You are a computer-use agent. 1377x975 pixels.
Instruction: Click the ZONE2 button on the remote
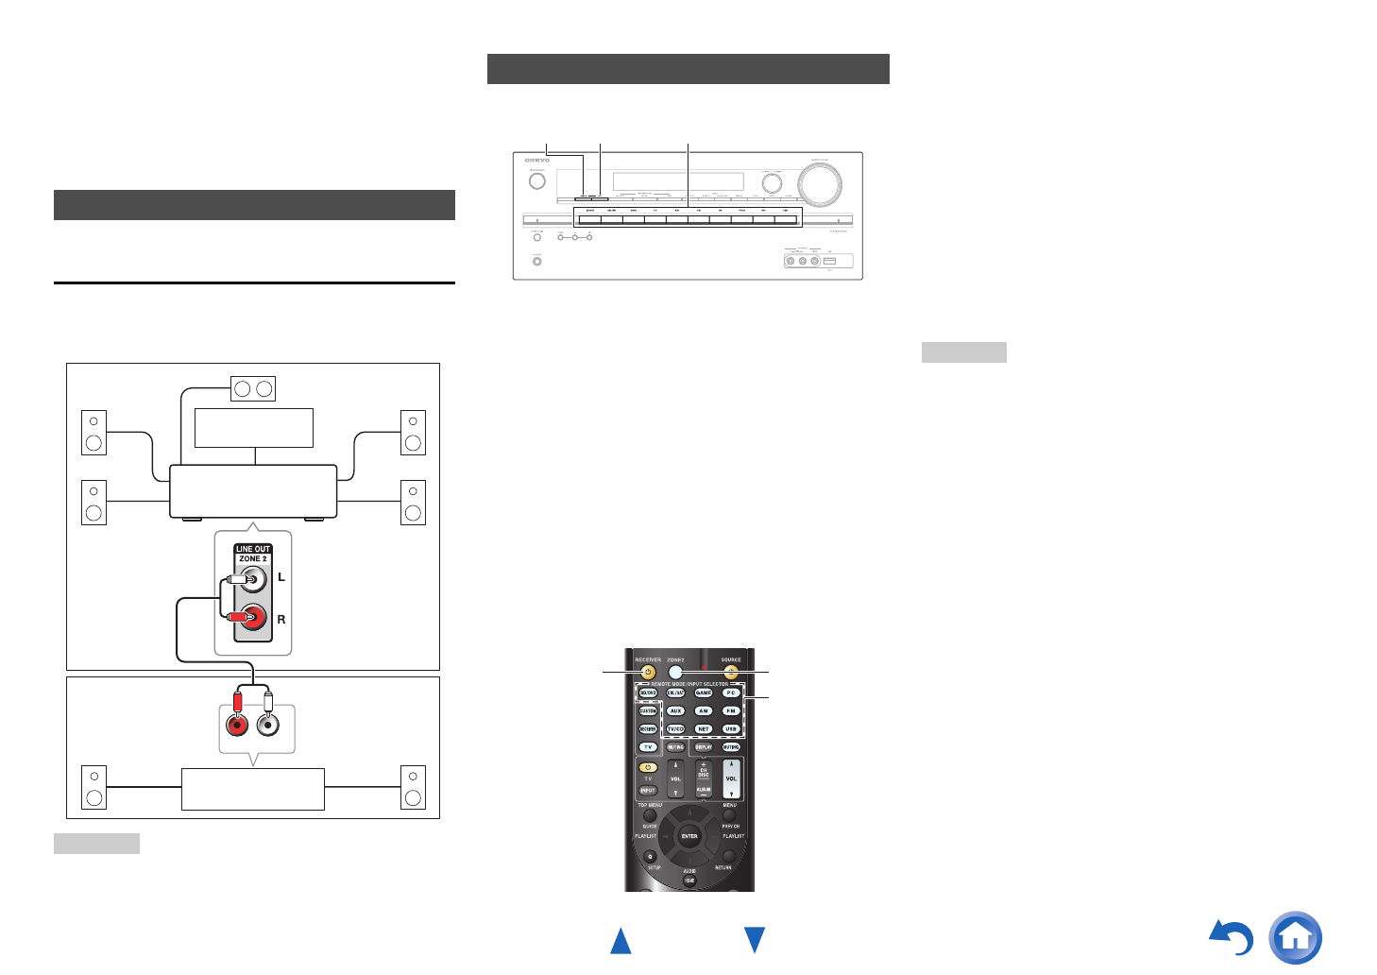(x=675, y=673)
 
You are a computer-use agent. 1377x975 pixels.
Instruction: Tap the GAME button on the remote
(x=704, y=693)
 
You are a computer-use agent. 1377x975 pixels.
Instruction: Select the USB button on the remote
(x=731, y=728)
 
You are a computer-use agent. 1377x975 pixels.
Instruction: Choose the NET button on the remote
(x=704, y=728)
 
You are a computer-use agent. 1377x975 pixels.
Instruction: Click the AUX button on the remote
(x=675, y=710)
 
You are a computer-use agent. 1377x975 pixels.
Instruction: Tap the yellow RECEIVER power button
(x=648, y=673)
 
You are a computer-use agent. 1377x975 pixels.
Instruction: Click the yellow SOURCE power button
(x=731, y=673)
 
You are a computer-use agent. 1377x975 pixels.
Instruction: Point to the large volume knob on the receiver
(x=820, y=183)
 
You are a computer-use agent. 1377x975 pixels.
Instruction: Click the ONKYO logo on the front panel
(x=537, y=161)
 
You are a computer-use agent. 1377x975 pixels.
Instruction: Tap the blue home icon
(x=1295, y=937)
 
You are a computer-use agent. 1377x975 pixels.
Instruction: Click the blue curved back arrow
(x=1232, y=938)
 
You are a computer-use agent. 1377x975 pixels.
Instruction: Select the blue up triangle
(x=620, y=940)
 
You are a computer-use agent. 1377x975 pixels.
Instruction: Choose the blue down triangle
(x=755, y=940)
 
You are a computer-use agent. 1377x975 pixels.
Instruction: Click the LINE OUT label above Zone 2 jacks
(x=253, y=549)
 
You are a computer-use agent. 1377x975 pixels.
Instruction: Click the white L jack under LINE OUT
(x=252, y=578)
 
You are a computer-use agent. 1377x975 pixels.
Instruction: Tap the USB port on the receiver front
(x=829, y=261)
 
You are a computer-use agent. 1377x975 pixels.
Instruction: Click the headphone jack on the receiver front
(x=537, y=261)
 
